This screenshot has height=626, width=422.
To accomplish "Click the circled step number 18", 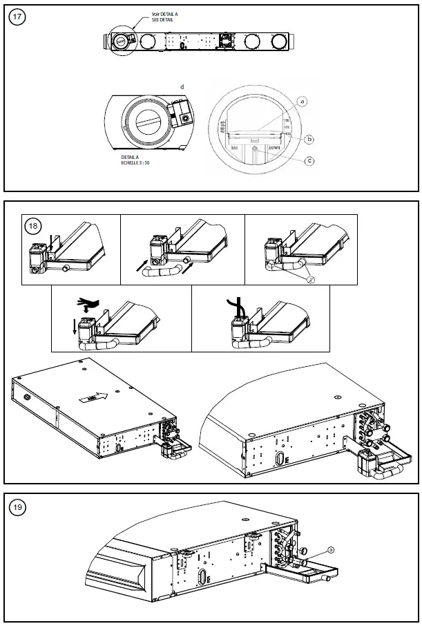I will tap(33, 225).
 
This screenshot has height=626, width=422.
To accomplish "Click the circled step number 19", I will tap(19, 508).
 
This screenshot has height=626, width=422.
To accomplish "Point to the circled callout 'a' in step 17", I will tap(302, 102).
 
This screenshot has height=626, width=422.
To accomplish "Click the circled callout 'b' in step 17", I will tap(309, 139).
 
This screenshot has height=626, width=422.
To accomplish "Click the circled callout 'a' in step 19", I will tap(331, 549).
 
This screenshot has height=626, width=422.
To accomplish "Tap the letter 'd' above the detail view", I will tap(182, 87).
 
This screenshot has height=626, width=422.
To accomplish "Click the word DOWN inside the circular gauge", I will tap(275, 148).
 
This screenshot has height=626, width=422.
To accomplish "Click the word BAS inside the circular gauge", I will tap(234, 148).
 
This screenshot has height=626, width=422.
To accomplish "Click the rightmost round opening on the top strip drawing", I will tap(278, 42).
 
